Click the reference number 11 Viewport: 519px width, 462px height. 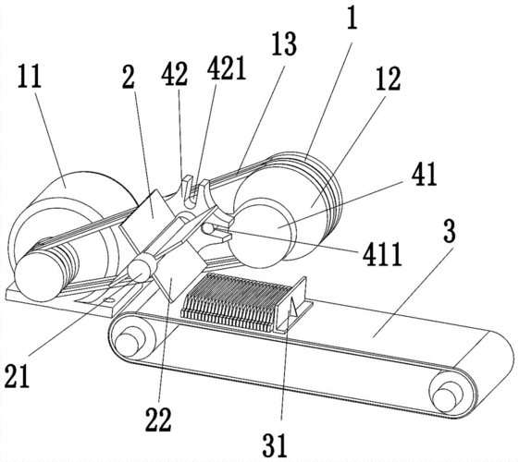coord(30,76)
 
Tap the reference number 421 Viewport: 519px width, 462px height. coord(227,67)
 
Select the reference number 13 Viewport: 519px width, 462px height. coord(284,44)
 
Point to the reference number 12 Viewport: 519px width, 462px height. coord(389,79)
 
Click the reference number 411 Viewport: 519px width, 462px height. coord(382,254)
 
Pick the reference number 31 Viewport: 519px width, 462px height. coord(275,444)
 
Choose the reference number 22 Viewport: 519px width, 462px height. coord(158,419)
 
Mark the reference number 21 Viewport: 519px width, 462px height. coord(18,376)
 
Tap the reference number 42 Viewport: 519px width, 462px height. coord(175,74)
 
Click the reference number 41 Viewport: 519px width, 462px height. coord(425,174)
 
